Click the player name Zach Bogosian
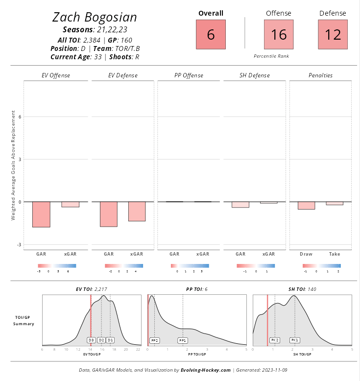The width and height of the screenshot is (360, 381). click(x=95, y=18)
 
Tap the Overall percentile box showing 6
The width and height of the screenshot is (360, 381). click(x=211, y=35)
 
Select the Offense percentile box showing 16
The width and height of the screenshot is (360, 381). click(x=279, y=35)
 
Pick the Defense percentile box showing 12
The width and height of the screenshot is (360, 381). click(x=333, y=35)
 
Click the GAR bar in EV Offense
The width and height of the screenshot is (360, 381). click(x=41, y=214)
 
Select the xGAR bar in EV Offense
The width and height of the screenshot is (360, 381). click(x=70, y=205)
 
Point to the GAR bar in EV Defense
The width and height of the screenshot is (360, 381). click(x=108, y=214)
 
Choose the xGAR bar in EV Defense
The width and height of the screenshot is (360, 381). click(x=137, y=212)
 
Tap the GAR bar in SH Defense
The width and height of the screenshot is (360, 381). click(x=240, y=205)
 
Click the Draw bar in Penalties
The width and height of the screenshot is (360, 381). click(x=306, y=206)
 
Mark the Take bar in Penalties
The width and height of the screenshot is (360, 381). click(x=335, y=203)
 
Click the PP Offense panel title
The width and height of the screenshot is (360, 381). click(x=189, y=75)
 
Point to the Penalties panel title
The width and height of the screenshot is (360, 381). click(x=320, y=75)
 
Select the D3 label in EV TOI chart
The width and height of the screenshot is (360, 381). click(x=91, y=340)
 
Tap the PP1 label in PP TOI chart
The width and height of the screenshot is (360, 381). click(x=183, y=340)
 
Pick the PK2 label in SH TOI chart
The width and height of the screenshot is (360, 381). click(x=275, y=340)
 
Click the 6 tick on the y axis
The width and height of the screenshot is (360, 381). click(x=20, y=117)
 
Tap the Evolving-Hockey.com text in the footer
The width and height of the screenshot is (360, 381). click(x=206, y=370)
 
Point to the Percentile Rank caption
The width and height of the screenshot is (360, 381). click(x=271, y=56)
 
